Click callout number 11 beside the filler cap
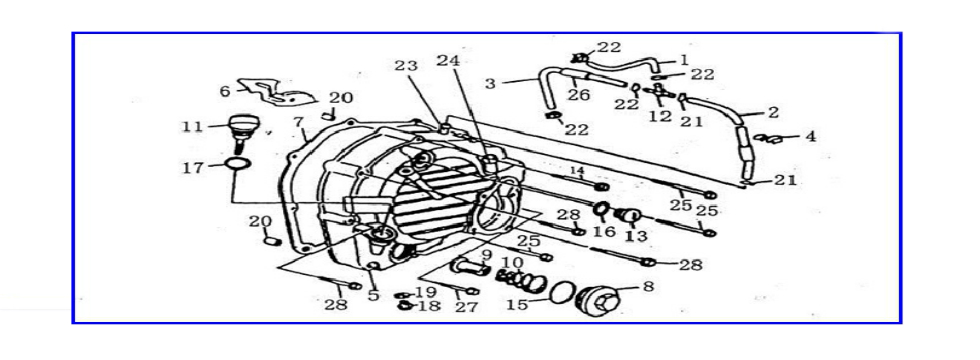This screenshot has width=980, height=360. (192, 127)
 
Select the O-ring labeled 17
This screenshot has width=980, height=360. (238, 164)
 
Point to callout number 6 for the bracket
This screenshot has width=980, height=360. (225, 91)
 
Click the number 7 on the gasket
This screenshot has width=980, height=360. (298, 121)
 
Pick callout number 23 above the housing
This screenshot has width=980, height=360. (406, 67)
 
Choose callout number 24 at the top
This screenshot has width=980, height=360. (448, 61)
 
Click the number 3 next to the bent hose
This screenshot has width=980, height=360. (490, 83)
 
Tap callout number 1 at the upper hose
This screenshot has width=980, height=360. (683, 60)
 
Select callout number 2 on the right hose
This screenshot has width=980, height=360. (772, 112)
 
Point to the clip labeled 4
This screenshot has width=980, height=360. (768, 138)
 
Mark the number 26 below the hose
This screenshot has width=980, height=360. (579, 96)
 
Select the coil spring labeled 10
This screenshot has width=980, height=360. (521, 277)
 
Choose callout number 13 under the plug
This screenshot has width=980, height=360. (636, 236)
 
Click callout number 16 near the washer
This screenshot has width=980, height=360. (604, 232)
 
